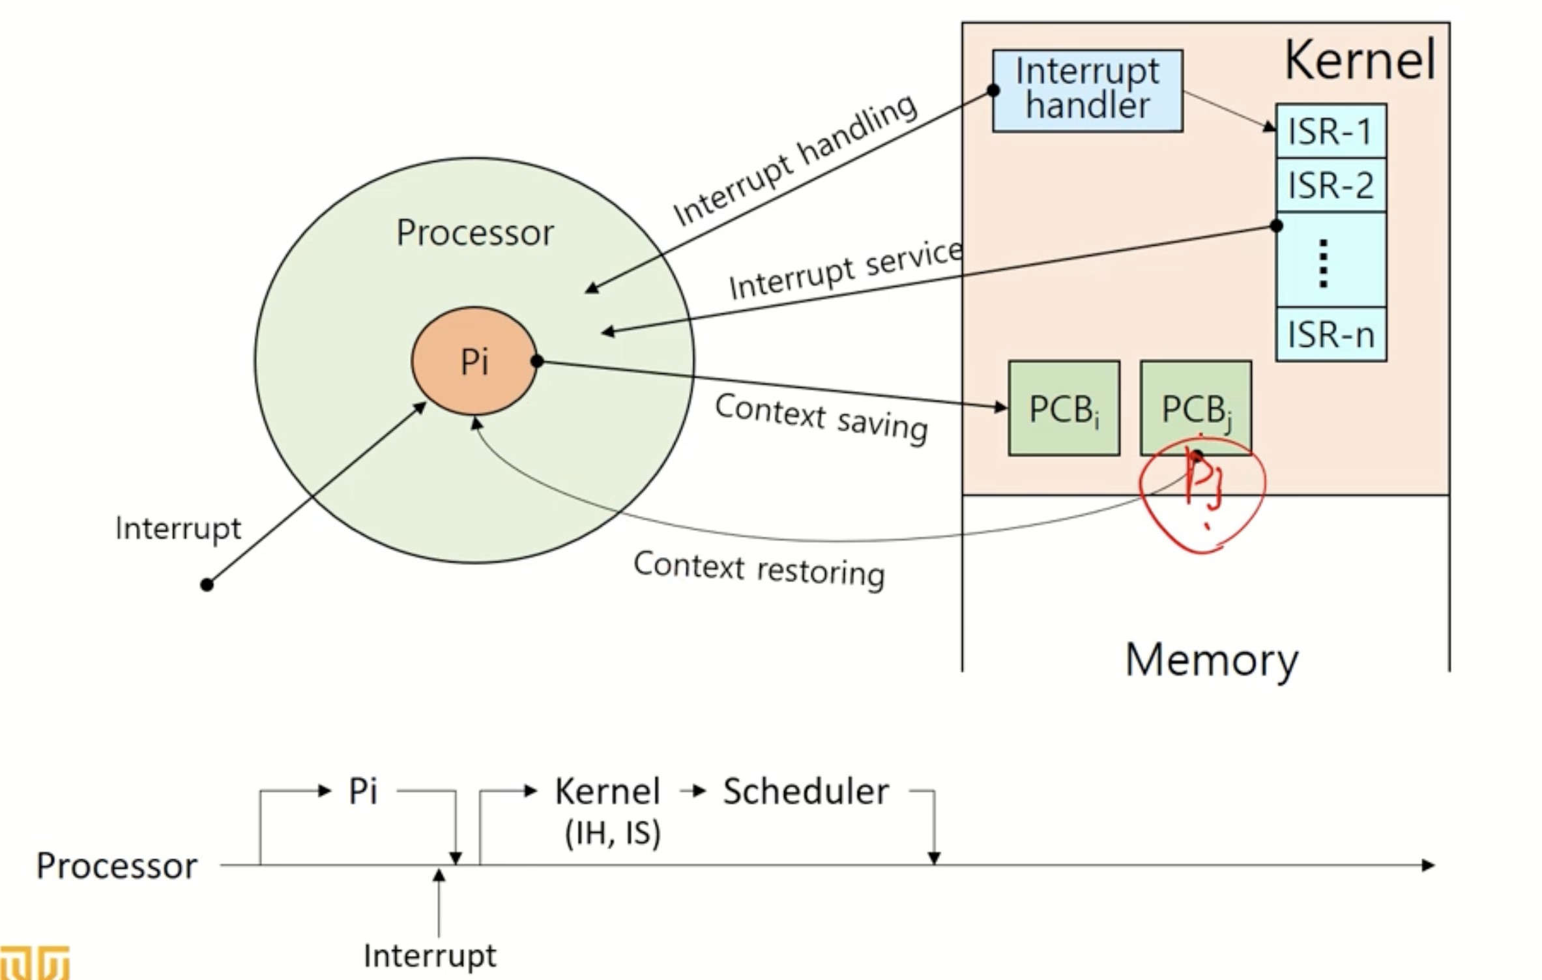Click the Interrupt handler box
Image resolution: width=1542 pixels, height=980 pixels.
coord(1087,91)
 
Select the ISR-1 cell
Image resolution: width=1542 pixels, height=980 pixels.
coord(1330,131)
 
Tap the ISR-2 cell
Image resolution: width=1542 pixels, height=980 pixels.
coord(1330,185)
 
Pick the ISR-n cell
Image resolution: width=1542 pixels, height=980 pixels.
coord(1330,335)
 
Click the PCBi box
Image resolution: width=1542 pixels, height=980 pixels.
coord(1064,409)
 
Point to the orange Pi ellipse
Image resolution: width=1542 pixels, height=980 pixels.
coord(474,361)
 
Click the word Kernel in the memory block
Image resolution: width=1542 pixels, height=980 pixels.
coord(1360,60)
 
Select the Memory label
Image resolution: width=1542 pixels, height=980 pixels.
coord(1211,660)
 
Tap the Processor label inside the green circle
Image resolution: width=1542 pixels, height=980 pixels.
coord(474,233)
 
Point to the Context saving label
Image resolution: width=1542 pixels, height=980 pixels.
coord(821,418)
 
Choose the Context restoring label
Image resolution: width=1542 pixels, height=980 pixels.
coord(759,569)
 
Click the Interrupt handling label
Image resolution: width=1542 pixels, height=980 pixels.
coord(795,160)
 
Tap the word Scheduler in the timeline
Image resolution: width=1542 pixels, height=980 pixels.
coord(806,792)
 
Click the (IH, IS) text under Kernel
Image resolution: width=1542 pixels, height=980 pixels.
coord(613,833)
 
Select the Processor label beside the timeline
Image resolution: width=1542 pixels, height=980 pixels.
coord(116,866)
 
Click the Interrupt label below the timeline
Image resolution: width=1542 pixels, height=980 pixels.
coord(429,956)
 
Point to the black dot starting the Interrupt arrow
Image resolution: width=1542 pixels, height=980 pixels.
coord(207,584)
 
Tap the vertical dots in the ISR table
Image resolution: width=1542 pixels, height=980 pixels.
coord(1323,263)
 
